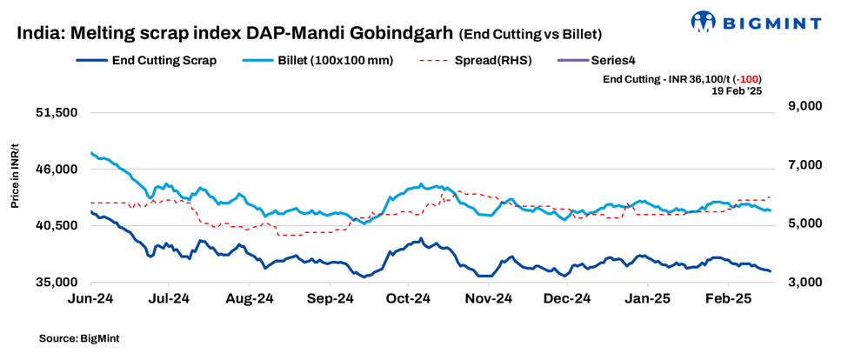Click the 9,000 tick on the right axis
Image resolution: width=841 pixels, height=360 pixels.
coord(803,106)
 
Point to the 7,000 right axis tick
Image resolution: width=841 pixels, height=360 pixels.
coord(803,165)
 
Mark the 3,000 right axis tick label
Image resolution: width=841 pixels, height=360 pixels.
coord(803,283)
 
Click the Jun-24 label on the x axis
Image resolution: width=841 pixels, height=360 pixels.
coord(90,298)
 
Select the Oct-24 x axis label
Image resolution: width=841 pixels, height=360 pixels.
coord(409,298)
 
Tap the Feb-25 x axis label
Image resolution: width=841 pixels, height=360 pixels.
coord(727,298)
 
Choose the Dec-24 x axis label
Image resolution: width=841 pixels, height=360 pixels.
coord(568,298)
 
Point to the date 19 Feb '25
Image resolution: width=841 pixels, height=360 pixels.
coord(738,90)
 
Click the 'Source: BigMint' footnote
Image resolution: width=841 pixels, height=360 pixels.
coord(79,337)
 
